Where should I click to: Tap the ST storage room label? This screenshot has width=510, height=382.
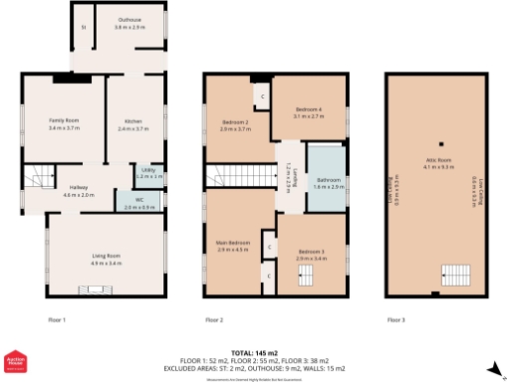[84, 28]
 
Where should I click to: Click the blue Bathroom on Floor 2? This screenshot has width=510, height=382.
[328, 183]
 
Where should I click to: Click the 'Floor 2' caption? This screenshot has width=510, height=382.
[214, 320]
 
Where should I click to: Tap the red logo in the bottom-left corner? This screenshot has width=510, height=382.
[15, 364]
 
